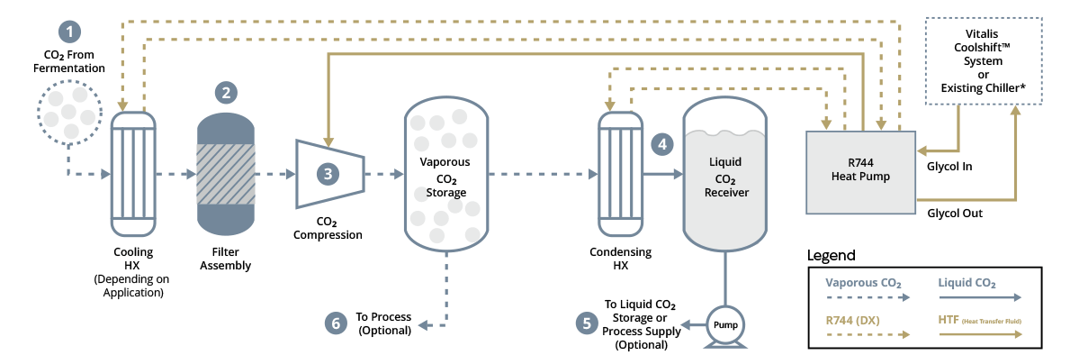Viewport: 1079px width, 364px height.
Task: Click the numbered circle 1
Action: point(69,31)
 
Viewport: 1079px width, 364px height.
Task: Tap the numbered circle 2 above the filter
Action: point(226,92)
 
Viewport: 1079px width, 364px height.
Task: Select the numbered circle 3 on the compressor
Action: point(328,174)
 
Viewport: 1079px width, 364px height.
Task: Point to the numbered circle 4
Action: point(662,144)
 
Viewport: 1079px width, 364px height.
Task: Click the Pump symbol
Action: point(725,325)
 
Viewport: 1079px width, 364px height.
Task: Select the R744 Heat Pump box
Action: point(860,171)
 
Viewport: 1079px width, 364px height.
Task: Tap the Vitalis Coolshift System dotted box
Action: point(984,61)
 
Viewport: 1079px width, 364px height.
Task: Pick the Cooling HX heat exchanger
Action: point(133,172)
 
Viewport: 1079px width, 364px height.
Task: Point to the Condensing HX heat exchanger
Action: point(619,172)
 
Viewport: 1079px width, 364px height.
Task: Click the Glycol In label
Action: point(950,166)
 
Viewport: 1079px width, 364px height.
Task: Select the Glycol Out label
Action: point(955,214)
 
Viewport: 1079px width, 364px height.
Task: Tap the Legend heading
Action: point(832,256)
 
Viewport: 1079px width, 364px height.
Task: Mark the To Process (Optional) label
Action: point(384,323)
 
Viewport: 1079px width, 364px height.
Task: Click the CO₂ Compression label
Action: point(328,228)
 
